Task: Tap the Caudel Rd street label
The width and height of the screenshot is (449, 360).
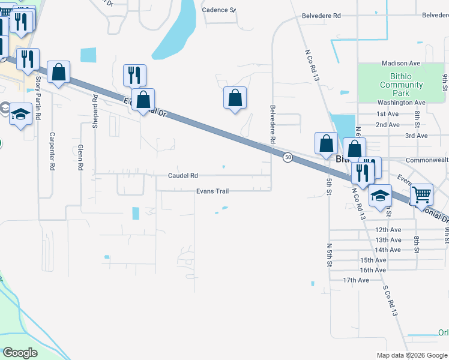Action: pyautogui.click(x=182, y=176)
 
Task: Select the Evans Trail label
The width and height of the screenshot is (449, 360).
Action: pyautogui.click(x=212, y=191)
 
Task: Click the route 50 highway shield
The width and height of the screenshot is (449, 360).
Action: pyautogui.click(x=288, y=157)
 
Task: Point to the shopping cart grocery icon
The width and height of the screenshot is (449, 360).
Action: pyautogui.click(x=422, y=194)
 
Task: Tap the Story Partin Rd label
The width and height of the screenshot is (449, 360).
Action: pyautogui.click(x=38, y=97)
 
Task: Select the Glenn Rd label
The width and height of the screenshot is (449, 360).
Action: pyautogui.click(x=80, y=158)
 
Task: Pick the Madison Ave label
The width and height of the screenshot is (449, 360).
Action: pyautogui.click(x=400, y=63)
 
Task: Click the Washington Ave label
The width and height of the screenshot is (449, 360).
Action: pyautogui.click(x=402, y=103)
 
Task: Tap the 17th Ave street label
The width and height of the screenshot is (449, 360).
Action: pyautogui.click(x=356, y=280)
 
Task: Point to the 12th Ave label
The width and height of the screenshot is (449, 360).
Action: pyautogui.click(x=388, y=230)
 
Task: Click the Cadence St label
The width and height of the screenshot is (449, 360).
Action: pyautogui.click(x=218, y=10)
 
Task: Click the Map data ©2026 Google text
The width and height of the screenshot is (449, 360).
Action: pyautogui.click(x=412, y=355)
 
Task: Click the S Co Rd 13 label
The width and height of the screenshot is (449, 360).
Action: pyautogui.click(x=390, y=299)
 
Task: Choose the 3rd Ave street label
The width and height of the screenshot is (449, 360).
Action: pyautogui.click(x=416, y=136)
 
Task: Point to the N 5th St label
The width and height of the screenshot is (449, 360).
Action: pyautogui.click(x=329, y=256)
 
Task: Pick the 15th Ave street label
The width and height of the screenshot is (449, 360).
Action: pyautogui.click(x=373, y=260)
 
